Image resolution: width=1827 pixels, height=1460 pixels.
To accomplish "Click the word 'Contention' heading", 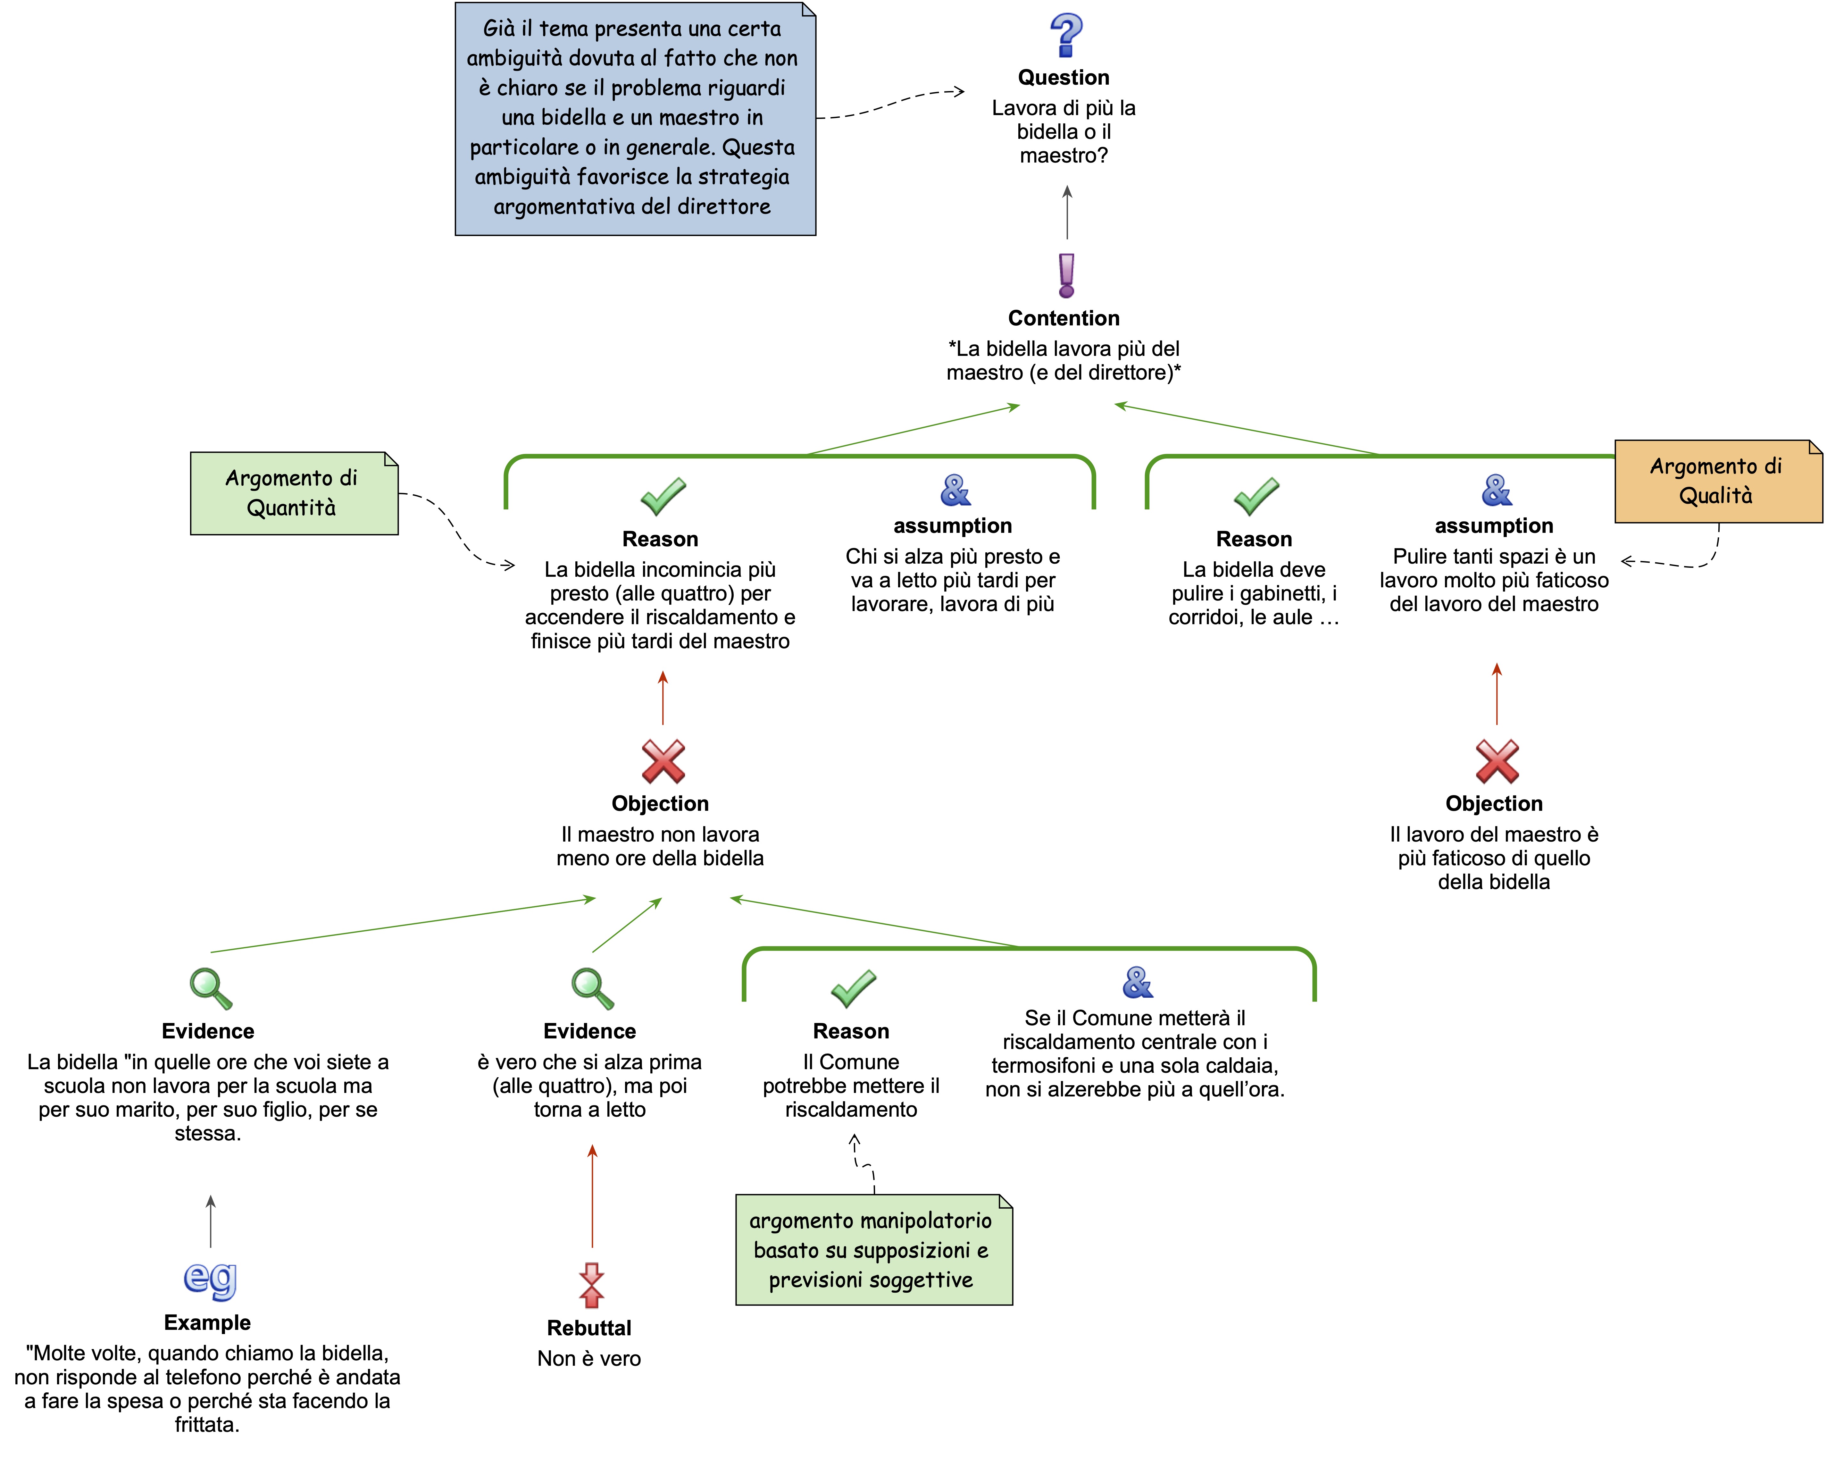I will (x=1064, y=318).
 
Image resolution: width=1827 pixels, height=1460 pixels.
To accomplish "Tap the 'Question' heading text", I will (x=1064, y=77).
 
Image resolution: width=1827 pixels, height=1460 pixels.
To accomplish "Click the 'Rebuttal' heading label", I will (x=589, y=1328).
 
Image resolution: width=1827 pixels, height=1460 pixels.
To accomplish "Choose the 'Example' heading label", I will (x=208, y=1323).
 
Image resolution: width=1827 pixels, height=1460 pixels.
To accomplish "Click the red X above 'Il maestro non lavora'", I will (x=663, y=761).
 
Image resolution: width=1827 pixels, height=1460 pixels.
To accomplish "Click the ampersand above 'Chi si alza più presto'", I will (x=955, y=490).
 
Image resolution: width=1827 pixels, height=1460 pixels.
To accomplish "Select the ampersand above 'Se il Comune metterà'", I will (x=1137, y=982).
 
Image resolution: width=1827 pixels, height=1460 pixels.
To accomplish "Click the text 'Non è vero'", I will (x=589, y=1358).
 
